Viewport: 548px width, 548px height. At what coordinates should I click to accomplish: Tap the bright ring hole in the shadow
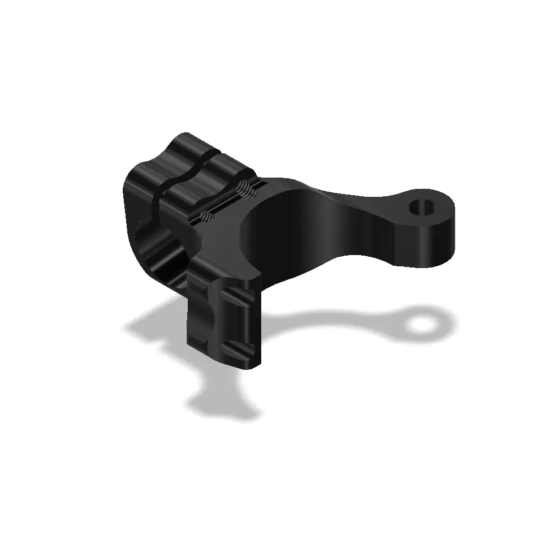[421, 324]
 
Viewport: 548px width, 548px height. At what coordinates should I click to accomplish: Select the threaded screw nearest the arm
[244, 190]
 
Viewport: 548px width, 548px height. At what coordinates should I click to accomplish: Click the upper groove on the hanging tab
[240, 297]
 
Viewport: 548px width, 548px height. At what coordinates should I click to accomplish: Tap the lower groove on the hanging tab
[238, 346]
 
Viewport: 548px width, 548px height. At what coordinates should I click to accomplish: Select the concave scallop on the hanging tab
[204, 317]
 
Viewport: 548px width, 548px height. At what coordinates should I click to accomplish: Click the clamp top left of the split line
[164, 158]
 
